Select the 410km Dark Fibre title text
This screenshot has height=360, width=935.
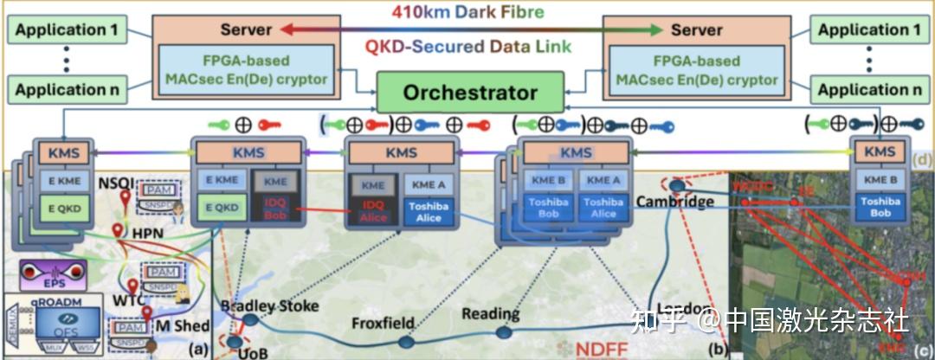pyautogui.click(x=467, y=12)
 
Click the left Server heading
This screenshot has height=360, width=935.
pyautogui.click(x=246, y=29)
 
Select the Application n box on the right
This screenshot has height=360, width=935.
pyautogui.click(x=868, y=89)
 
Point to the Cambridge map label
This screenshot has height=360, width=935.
pyautogui.click(x=674, y=202)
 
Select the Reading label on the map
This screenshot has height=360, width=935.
pyautogui.click(x=490, y=313)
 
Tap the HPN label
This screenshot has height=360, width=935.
pyautogui.click(x=148, y=233)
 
